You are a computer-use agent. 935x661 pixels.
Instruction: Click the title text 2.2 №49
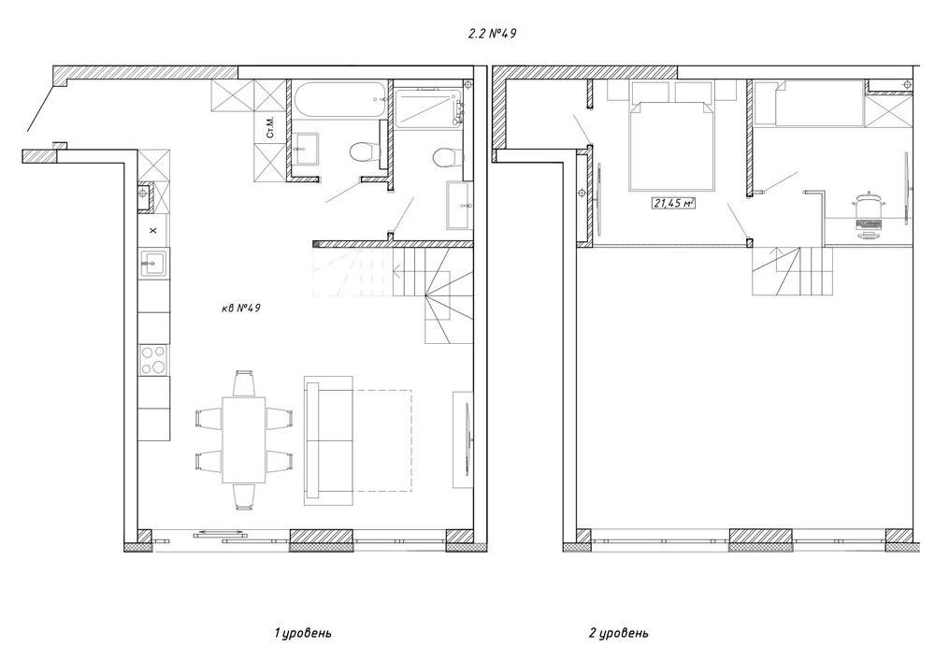pyautogui.click(x=492, y=34)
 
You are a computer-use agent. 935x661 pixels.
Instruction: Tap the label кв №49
pyautogui.click(x=241, y=309)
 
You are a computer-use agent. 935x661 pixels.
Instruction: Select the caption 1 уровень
pyautogui.click(x=302, y=633)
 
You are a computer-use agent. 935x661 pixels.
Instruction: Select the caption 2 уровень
pyautogui.click(x=618, y=633)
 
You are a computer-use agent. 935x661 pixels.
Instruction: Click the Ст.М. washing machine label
pyautogui.click(x=270, y=127)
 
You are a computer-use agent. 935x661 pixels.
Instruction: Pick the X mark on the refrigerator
pyautogui.click(x=153, y=230)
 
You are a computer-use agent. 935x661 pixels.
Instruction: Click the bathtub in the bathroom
pyautogui.click(x=338, y=99)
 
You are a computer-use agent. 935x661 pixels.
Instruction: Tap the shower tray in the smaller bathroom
pyautogui.click(x=429, y=108)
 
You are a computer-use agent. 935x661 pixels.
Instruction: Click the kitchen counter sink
pyautogui.click(x=154, y=263)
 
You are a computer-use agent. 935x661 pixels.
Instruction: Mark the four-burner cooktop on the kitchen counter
pyautogui.click(x=154, y=360)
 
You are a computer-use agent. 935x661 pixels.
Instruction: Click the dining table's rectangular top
pyautogui.click(x=244, y=439)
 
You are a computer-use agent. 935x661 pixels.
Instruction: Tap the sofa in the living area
pyautogui.click(x=328, y=440)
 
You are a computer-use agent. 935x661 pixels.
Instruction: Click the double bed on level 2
pyautogui.click(x=671, y=146)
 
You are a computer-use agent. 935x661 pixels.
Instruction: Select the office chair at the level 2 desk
pyautogui.click(x=870, y=203)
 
